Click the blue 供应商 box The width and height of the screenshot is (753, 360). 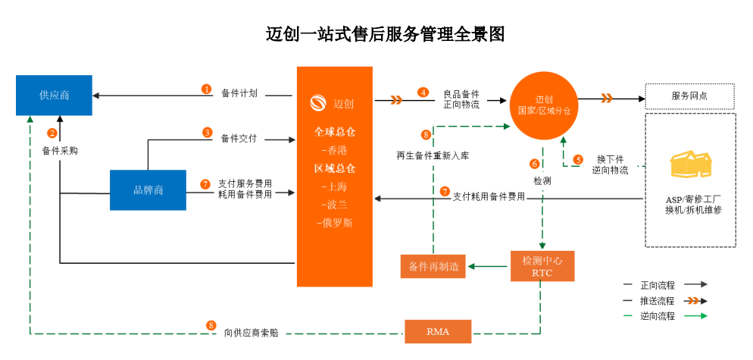(55, 95)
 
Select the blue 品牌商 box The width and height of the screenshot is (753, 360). (148, 190)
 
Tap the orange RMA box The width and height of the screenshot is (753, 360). (437, 331)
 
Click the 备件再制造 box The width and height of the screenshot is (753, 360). (433, 266)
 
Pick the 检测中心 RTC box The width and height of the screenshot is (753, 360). (542, 266)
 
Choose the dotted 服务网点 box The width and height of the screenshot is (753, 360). (690, 96)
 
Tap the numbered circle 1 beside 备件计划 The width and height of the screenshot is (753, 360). (206, 89)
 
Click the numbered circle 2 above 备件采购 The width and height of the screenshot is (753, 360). (52, 133)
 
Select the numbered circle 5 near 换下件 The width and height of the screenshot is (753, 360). (578, 159)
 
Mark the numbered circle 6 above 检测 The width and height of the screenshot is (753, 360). (534, 164)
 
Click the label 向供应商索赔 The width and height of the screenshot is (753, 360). (249, 332)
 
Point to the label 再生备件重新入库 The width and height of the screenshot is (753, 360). (433, 155)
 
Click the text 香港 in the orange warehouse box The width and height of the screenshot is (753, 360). (334, 150)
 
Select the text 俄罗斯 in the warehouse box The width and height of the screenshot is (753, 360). (334, 223)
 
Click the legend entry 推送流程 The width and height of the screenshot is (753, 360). (658, 300)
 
